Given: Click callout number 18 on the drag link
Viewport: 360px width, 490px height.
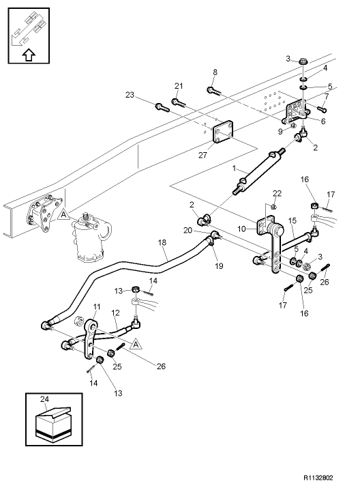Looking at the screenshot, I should [x=162, y=243].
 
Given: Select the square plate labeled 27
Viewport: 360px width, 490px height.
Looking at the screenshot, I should [x=223, y=132].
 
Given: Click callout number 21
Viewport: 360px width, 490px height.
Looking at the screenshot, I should [x=179, y=85].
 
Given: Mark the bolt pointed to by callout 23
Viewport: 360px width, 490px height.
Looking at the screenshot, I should [x=161, y=106].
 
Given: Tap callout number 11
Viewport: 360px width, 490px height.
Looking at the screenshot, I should [x=97, y=306].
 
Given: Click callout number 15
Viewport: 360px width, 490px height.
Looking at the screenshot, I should [x=291, y=220].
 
